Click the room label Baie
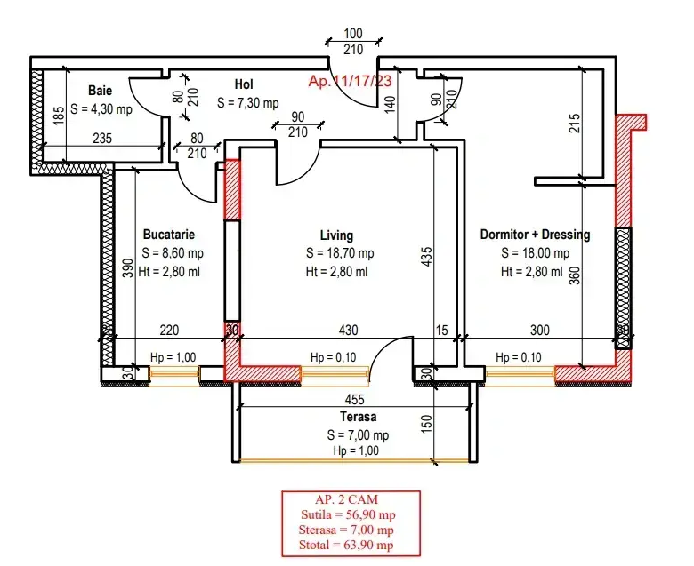[100, 91]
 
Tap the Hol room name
[244, 84]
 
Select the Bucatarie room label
[169, 235]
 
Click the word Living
[336, 235]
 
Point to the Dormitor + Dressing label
[535, 235]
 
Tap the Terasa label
[358, 417]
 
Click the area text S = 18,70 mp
[340, 253]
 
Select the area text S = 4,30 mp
[101, 109]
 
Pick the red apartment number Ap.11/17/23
[350, 81]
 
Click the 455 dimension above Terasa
[354, 400]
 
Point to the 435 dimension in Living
[426, 256]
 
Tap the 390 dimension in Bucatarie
[127, 267]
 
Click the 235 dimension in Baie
[102, 139]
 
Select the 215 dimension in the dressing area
[574, 124]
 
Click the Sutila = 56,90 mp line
[348, 514]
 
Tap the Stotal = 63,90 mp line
[346, 545]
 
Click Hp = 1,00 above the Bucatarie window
[173, 357]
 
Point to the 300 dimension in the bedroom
[540, 330]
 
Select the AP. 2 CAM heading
[347, 499]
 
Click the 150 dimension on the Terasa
[426, 424]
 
